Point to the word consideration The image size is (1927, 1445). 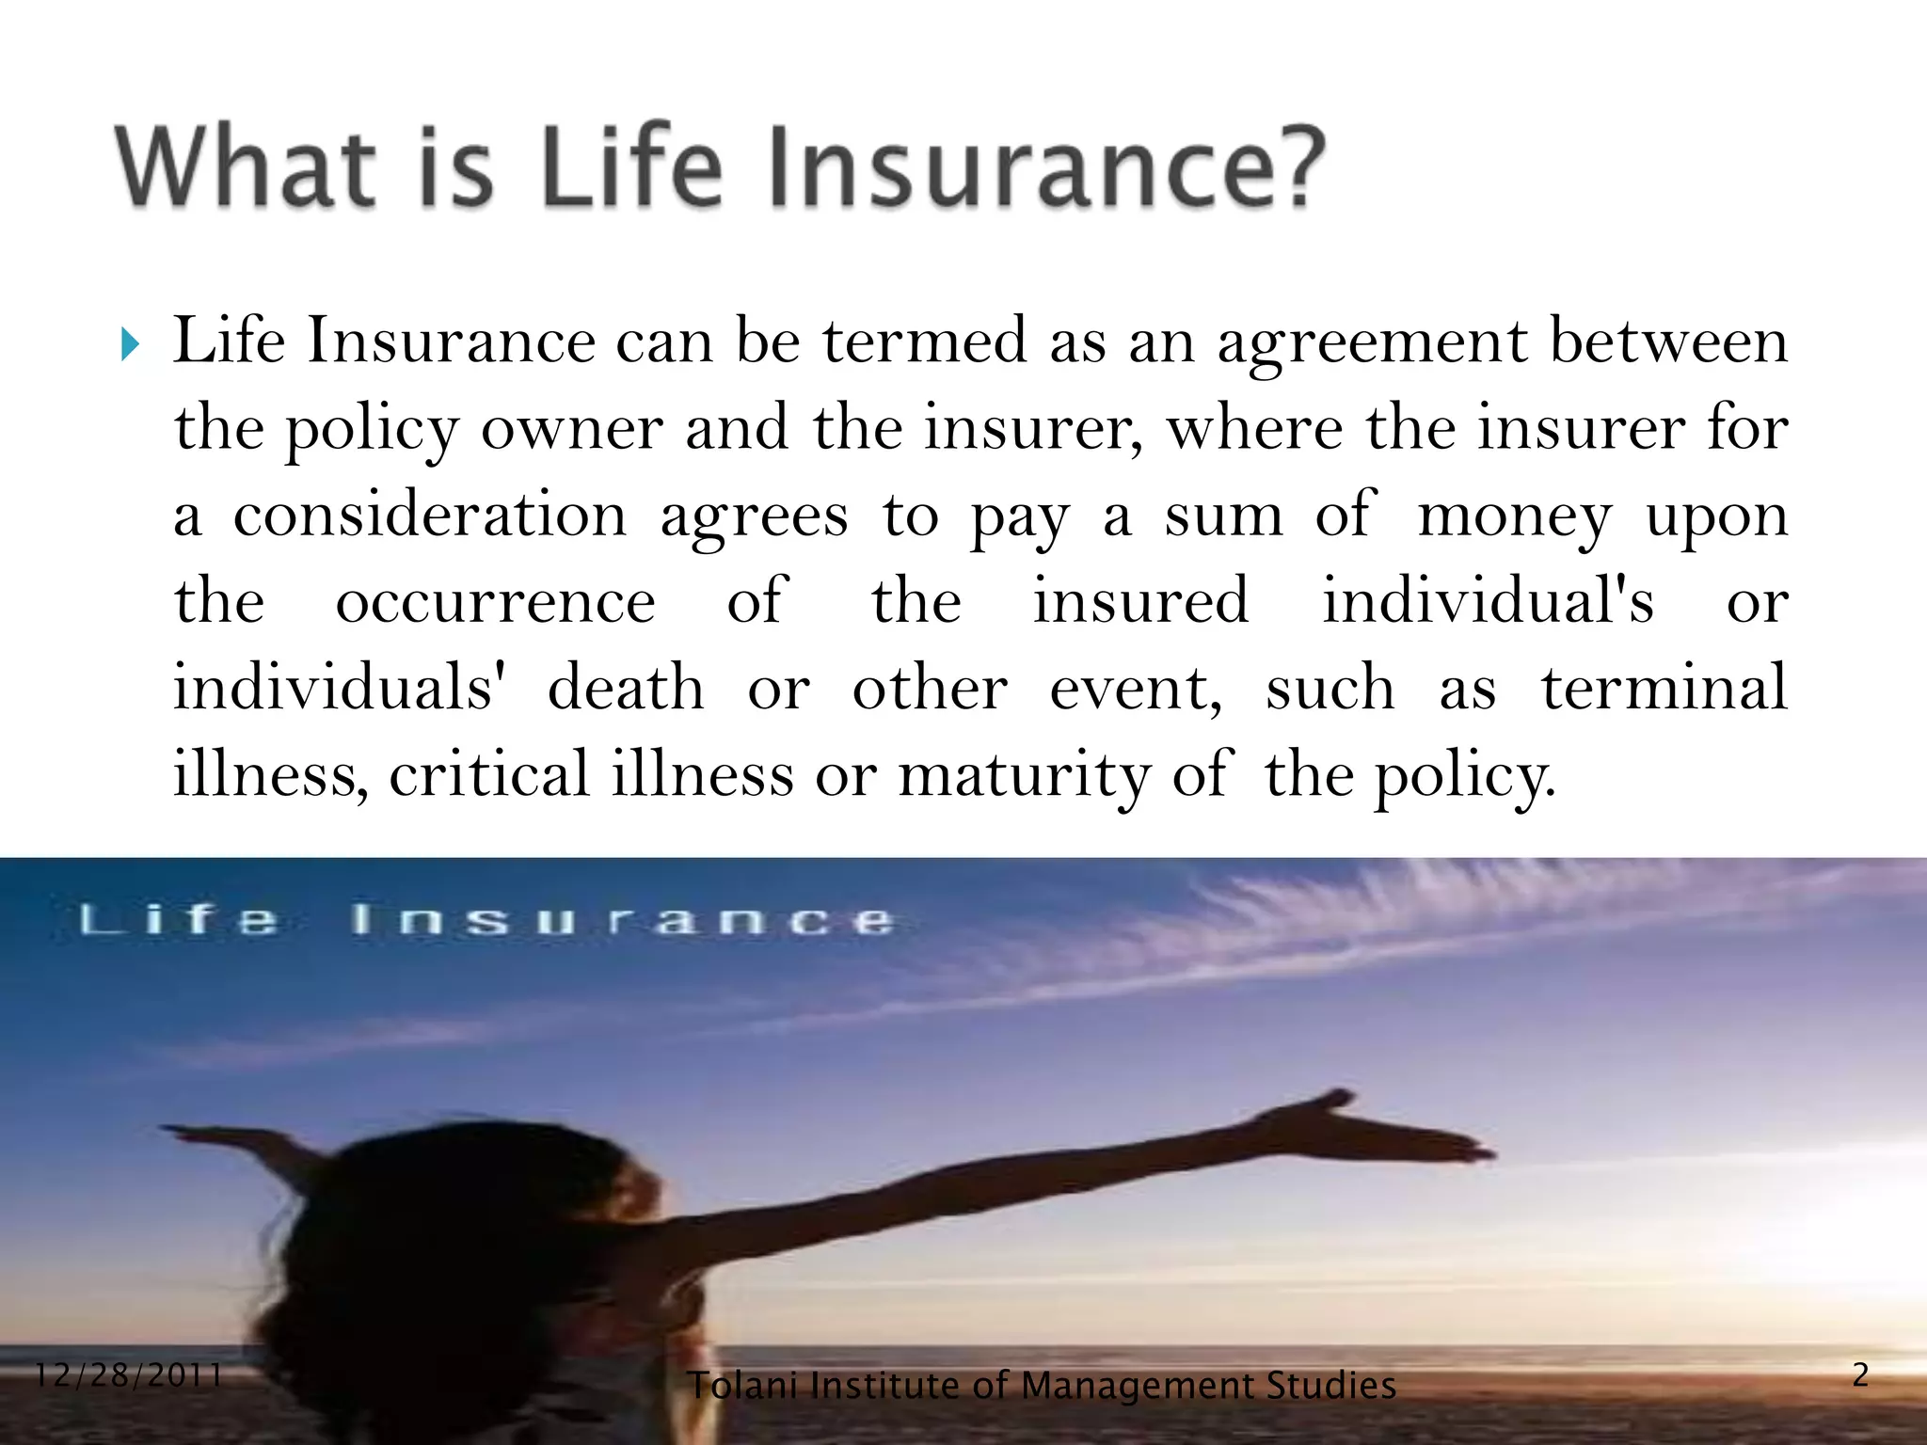tap(429, 516)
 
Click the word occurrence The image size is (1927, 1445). tap(495, 602)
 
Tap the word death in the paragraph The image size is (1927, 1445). tap(626, 687)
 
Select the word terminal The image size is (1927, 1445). tap(1664, 687)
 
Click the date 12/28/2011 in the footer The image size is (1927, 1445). tap(128, 1376)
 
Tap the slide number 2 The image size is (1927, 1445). tap(1860, 1375)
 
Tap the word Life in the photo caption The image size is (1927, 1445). tap(179, 919)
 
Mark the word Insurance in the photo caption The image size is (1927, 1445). tap(621, 919)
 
